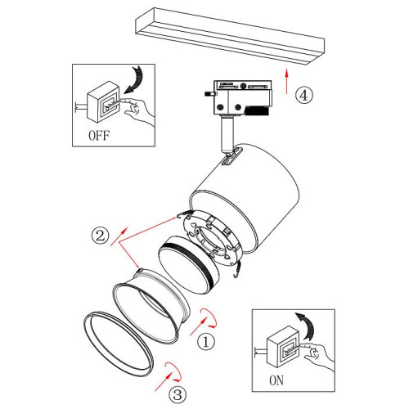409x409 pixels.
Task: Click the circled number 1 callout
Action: click(206, 342)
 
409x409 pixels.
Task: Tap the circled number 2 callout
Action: click(101, 236)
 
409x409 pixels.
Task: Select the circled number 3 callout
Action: click(178, 394)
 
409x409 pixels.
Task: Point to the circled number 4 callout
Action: click(304, 95)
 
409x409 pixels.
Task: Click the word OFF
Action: click(99, 136)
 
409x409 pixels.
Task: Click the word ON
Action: click(276, 380)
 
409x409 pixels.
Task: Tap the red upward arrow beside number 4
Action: click(286, 81)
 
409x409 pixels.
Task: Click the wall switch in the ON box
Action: click(283, 347)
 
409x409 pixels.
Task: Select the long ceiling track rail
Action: click(230, 36)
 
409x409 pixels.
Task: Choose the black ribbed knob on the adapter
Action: click(257, 110)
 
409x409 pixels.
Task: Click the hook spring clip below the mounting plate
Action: click(237, 269)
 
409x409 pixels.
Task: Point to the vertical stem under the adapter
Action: click(227, 133)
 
